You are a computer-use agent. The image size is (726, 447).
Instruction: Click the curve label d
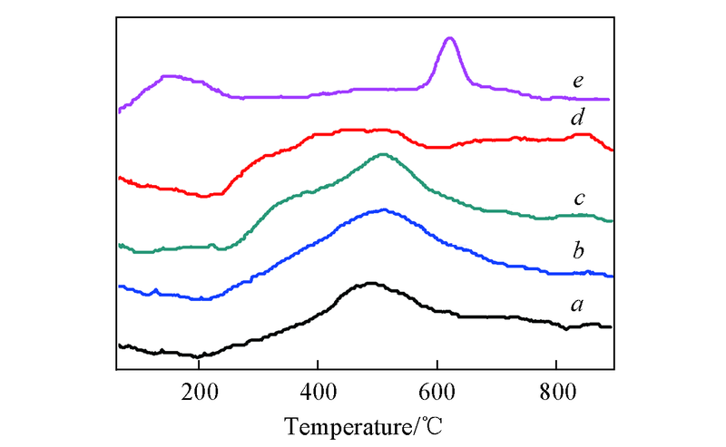(x=577, y=119)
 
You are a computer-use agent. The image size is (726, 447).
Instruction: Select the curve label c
(x=577, y=199)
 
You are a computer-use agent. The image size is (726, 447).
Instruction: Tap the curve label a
(x=577, y=305)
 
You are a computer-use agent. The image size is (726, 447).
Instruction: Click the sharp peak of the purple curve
(x=449, y=38)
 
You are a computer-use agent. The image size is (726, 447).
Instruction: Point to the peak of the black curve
(x=370, y=283)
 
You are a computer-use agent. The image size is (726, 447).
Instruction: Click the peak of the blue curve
(x=384, y=209)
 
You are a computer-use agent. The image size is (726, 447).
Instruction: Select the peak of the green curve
(x=382, y=154)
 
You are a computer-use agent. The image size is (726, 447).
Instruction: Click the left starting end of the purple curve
(x=119, y=112)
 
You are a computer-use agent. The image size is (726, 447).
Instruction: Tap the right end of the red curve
(x=613, y=150)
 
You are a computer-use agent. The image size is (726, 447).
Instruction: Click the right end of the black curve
(x=611, y=326)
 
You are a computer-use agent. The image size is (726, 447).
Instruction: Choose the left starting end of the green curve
(x=119, y=245)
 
